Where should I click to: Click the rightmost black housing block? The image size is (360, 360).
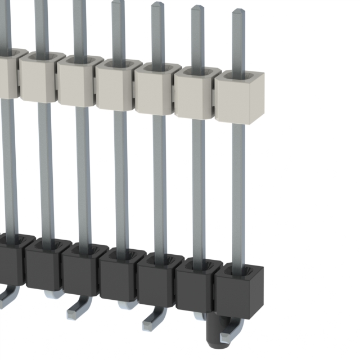238,292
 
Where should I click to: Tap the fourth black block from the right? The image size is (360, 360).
120,276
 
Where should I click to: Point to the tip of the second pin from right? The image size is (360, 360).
197,8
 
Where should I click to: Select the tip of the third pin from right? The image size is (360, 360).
157,4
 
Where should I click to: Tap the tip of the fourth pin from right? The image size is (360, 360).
118,2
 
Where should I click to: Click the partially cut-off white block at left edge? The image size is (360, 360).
7,70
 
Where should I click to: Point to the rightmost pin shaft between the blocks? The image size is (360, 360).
238,191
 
